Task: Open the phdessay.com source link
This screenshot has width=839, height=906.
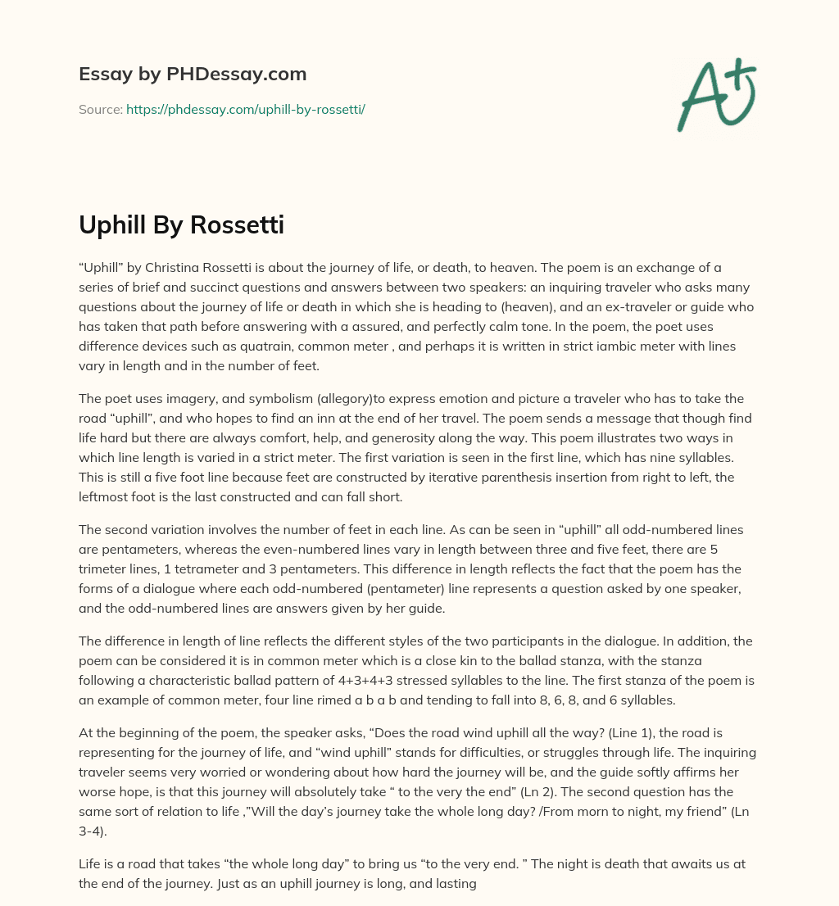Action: (x=245, y=109)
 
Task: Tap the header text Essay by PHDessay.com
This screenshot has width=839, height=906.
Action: (x=193, y=75)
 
